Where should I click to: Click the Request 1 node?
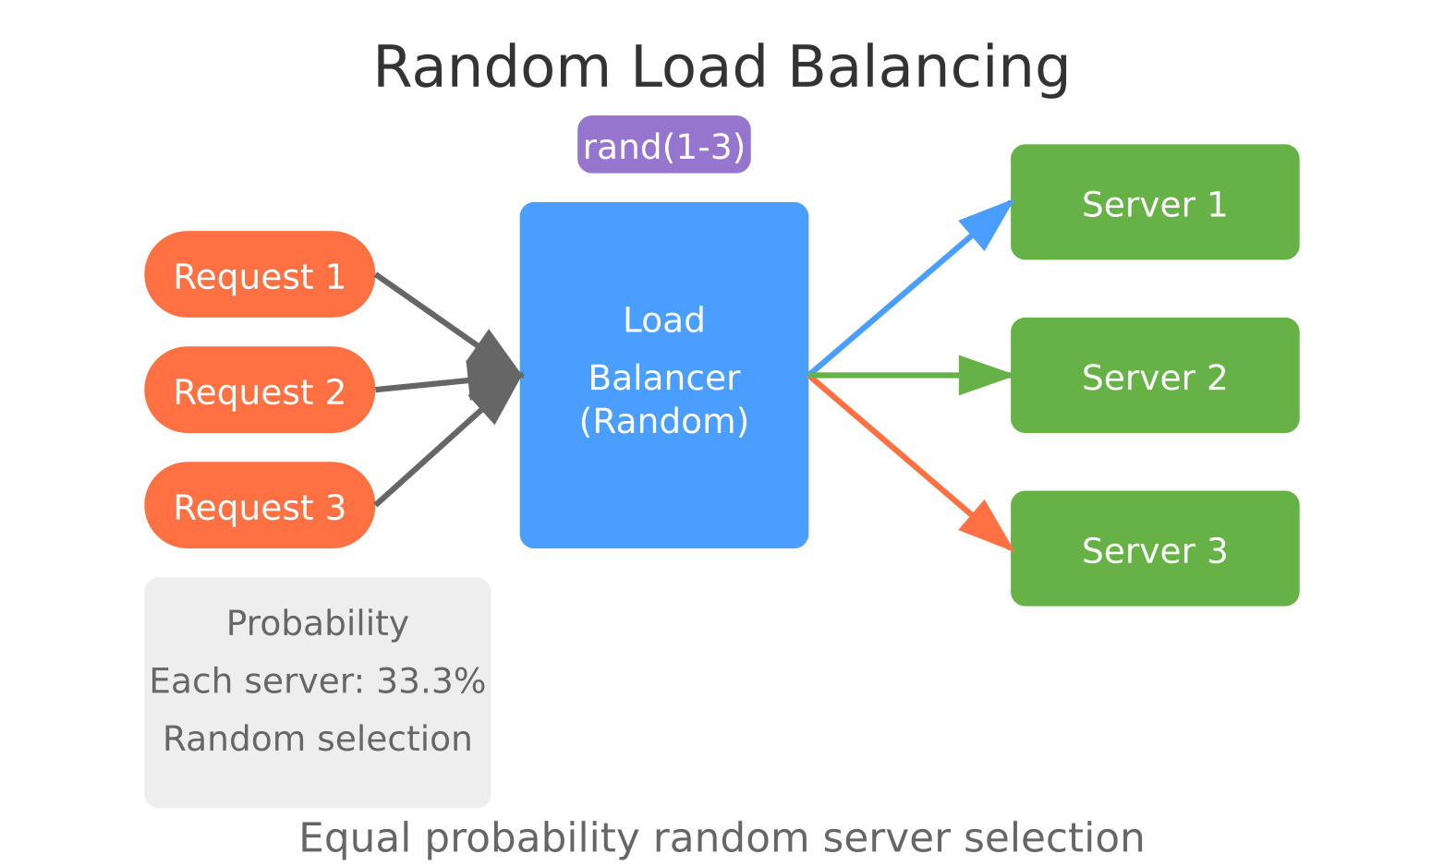coord(260,275)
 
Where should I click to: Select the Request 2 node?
coord(260,391)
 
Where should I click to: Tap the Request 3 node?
coord(260,506)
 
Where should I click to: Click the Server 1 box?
coord(1155,203)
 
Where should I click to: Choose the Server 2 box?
coord(1155,376)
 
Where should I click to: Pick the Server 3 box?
coord(1155,549)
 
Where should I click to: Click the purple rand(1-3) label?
coord(663,145)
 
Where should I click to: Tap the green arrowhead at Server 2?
coord(983,375)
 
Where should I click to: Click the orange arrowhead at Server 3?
coord(987,528)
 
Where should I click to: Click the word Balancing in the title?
coord(928,67)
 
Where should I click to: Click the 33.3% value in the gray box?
coord(431,681)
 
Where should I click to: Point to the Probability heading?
coord(317,623)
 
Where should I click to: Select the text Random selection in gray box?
coord(317,739)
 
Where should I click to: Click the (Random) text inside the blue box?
coord(663,421)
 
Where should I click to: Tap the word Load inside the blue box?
coord(663,320)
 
